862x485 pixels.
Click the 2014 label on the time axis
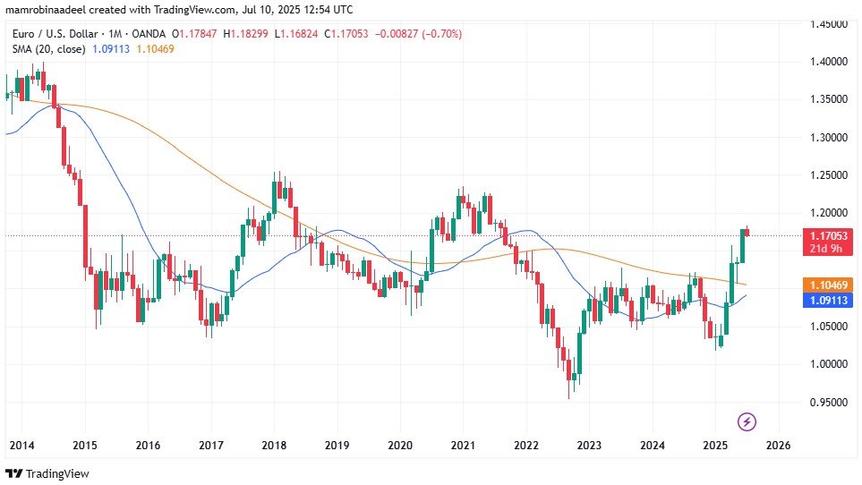tap(22, 445)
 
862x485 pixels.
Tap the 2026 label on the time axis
tap(778, 445)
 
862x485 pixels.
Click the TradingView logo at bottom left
tap(48, 473)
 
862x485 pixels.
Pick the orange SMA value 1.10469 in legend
tap(154, 48)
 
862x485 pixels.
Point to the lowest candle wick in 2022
tap(569, 397)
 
